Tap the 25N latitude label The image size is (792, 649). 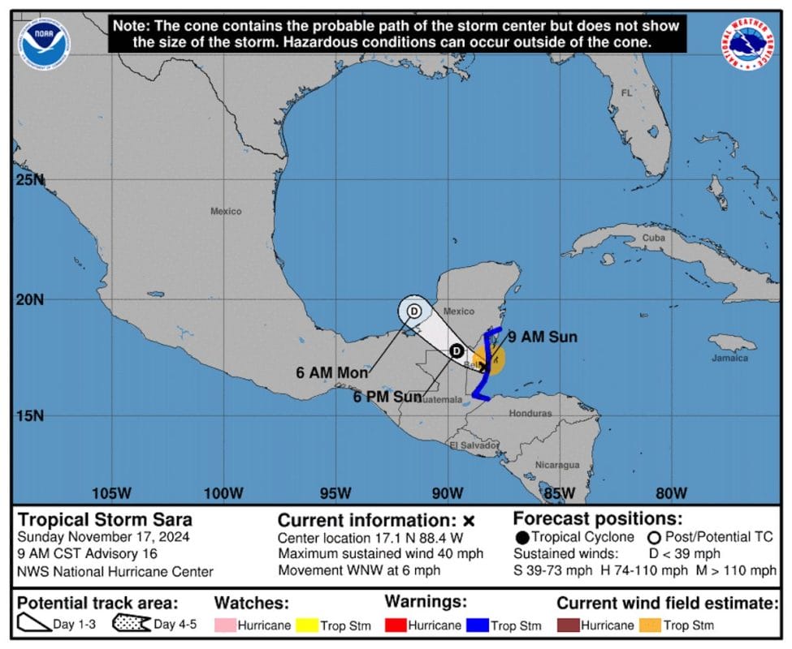click(31, 179)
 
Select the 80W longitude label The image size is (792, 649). click(671, 493)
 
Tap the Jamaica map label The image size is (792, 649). click(729, 358)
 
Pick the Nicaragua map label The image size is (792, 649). click(557, 465)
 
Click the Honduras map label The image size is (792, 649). click(530, 413)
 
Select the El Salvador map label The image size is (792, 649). click(474, 445)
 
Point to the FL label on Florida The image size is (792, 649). click(626, 93)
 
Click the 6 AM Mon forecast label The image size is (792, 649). click(331, 373)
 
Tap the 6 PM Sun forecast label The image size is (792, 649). click(387, 397)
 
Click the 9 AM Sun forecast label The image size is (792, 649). click(542, 337)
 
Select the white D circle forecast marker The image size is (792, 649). click(413, 310)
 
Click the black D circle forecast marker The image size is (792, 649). click(457, 350)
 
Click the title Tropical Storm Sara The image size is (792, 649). click(105, 519)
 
